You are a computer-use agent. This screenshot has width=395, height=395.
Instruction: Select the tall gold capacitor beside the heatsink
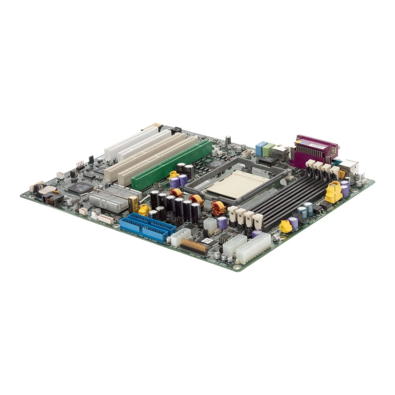[x=133, y=204]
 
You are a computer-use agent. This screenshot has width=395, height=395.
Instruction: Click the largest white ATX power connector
[x=253, y=248]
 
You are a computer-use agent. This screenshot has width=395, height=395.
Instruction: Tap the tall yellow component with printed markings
[x=334, y=192]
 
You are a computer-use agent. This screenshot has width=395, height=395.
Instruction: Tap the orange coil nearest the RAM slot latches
[x=218, y=208]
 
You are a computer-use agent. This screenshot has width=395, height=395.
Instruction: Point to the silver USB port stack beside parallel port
[x=350, y=166]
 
